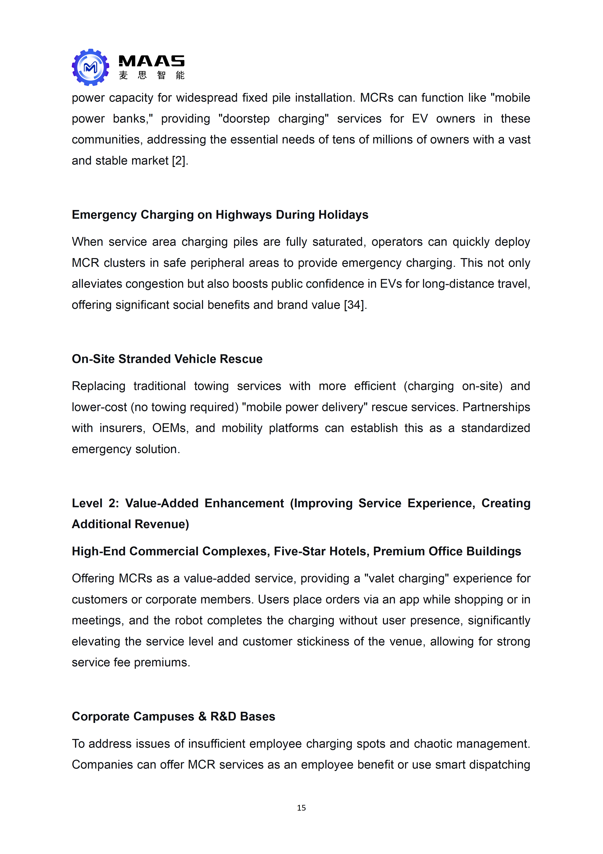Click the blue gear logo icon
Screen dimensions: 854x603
coord(90,67)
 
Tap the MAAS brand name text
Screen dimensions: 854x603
coord(151,61)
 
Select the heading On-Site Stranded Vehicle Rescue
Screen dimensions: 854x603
coord(167,359)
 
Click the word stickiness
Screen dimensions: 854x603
coord(323,642)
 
